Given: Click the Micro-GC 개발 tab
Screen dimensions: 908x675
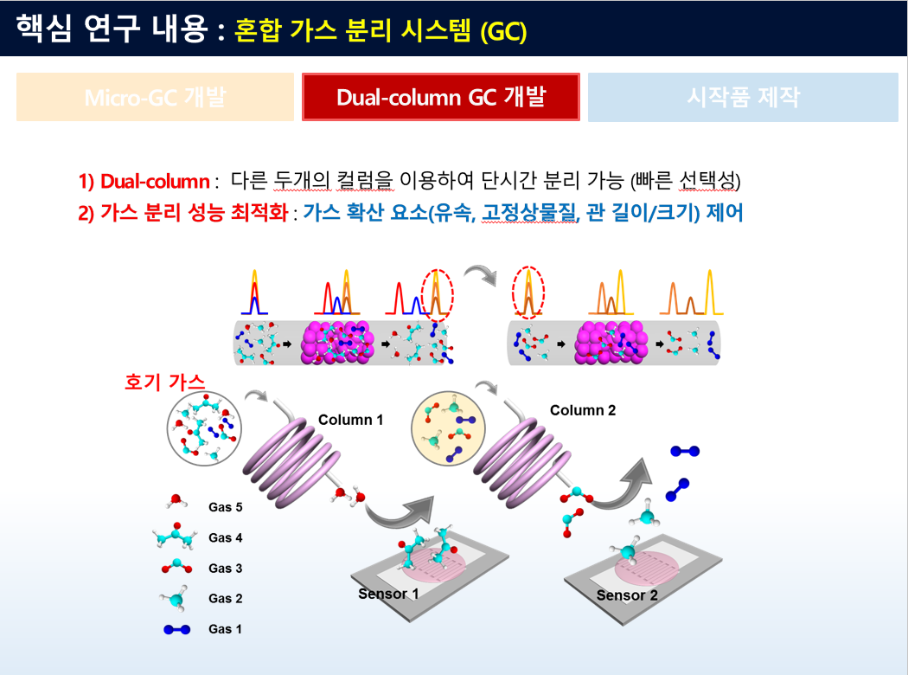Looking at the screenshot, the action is [x=155, y=97].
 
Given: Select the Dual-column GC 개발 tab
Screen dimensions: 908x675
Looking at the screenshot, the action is [x=441, y=97].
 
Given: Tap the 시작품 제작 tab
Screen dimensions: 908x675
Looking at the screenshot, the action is [x=743, y=97].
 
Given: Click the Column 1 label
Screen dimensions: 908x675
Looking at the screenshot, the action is [x=351, y=420].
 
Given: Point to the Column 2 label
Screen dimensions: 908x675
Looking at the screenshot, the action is [x=583, y=410].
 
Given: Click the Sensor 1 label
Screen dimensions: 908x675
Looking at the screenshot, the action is [x=388, y=594].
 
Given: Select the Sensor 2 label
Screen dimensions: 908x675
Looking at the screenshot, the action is [x=627, y=595].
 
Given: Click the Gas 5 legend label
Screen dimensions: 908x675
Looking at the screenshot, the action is [x=225, y=507].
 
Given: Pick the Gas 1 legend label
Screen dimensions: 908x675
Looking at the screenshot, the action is [x=225, y=628].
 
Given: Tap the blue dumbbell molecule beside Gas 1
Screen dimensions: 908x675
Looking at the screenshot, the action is [x=177, y=629].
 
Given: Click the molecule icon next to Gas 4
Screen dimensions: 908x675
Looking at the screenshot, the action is [x=175, y=537].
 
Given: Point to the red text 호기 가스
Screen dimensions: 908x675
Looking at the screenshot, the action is [x=165, y=382].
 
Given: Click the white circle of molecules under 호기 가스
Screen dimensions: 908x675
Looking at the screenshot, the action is [x=204, y=427].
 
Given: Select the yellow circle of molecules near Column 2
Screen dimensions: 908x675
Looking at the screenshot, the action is [x=448, y=428].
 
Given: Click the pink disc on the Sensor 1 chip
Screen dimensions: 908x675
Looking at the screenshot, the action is [x=435, y=563].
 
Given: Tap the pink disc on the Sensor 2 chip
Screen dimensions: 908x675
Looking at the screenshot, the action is [x=647, y=569].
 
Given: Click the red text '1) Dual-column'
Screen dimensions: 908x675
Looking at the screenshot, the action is [x=144, y=182].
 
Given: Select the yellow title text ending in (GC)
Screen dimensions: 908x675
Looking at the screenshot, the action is [x=380, y=30].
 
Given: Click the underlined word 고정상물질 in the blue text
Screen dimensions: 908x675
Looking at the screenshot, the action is [x=530, y=212].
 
